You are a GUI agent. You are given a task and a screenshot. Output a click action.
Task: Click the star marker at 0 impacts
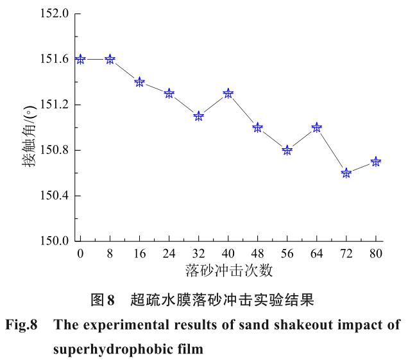pyautogui.click(x=80, y=59)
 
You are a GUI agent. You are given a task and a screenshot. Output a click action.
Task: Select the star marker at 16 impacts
pyautogui.click(x=139, y=82)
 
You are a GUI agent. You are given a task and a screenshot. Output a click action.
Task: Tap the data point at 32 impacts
pyautogui.click(x=198, y=116)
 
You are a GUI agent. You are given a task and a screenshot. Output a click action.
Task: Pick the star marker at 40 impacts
pyautogui.click(x=228, y=93)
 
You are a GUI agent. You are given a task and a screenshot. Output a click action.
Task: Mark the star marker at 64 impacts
pyautogui.click(x=316, y=127)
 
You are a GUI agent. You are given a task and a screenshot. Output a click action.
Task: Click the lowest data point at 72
pyautogui.click(x=346, y=173)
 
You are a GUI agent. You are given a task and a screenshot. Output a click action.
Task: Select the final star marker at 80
pyautogui.click(x=376, y=162)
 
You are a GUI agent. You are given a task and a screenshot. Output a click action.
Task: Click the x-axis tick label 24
pyautogui.click(x=169, y=253)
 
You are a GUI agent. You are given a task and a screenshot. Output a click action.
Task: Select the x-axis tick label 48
pyautogui.click(x=257, y=253)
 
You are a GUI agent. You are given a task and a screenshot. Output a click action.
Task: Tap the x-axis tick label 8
pyautogui.click(x=110, y=253)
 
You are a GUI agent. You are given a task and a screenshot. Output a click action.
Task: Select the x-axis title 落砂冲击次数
pyautogui.click(x=227, y=270)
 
